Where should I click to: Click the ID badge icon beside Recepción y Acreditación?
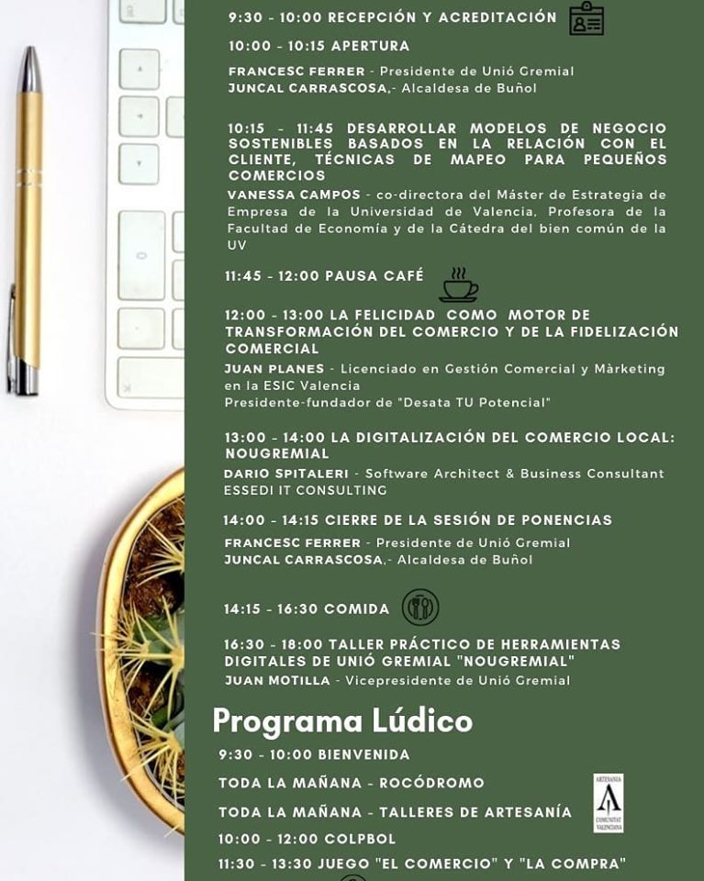[x=586, y=19]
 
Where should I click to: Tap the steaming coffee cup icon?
[x=458, y=285]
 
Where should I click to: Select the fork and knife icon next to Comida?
[x=420, y=608]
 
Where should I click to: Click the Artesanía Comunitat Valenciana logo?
[x=608, y=802]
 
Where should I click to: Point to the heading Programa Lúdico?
[x=342, y=721]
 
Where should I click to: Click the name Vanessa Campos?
[x=294, y=195]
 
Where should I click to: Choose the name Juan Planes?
[x=274, y=369]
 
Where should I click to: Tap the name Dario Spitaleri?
[x=285, y=474]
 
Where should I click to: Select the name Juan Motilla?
[x=277, y=680]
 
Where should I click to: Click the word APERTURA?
[x=370, y=46]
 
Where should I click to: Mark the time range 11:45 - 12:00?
[x=273, y=275]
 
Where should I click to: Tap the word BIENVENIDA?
[x=363, y=754]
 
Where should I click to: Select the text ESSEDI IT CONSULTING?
[x=305, y=490]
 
